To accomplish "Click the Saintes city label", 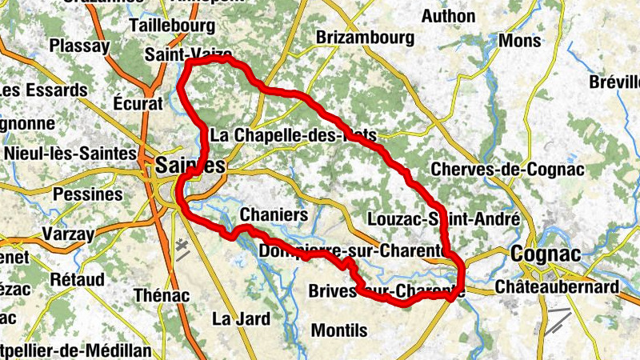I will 191,166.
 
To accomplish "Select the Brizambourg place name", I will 366,38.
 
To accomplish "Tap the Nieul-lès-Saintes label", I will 70,152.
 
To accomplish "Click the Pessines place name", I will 87,194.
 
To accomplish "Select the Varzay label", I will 68,235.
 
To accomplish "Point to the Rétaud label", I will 77,280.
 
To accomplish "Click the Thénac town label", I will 162,295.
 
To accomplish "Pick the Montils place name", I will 338,330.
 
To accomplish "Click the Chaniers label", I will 274,215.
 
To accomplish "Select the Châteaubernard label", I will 557,286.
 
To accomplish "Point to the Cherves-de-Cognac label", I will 507,170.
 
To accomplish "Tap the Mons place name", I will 519,40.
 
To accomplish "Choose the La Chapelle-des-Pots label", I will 293,136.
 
